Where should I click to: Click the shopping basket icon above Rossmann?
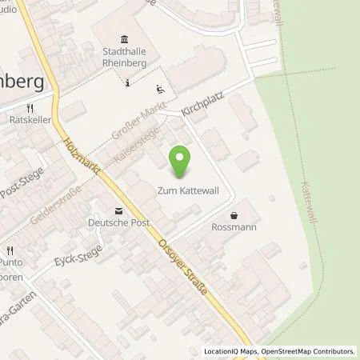(234, 215)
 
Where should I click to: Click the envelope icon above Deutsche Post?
(118, 211)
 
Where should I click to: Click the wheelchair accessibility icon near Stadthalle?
(160, 89)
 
